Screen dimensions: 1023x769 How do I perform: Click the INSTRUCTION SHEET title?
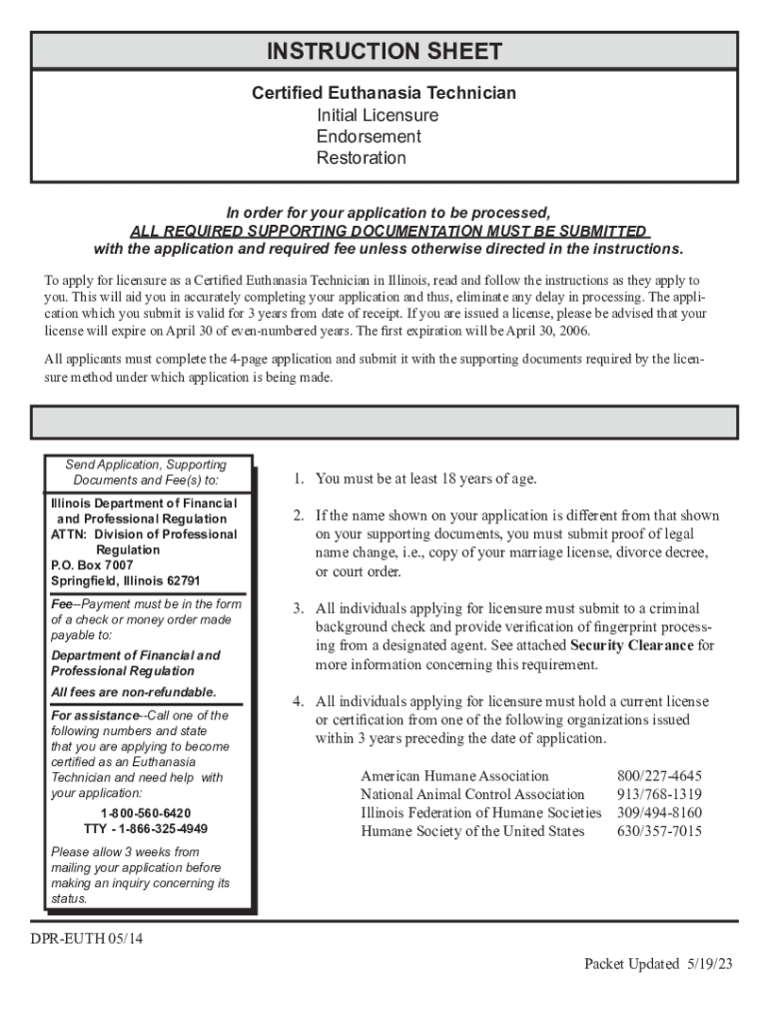(384, 51)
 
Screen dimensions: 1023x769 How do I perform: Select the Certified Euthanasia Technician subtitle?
(384, 93)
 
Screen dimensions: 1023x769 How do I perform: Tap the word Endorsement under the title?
(369, 137)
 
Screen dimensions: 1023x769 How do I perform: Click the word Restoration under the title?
(362, 158)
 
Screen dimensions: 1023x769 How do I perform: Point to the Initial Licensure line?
(377, 115)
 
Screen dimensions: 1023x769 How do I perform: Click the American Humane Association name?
(454, 776)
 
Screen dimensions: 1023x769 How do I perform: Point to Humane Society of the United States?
(472, 831)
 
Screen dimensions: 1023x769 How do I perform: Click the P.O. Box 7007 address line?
(92, 565)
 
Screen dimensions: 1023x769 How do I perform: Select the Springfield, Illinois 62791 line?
(126, 580)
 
